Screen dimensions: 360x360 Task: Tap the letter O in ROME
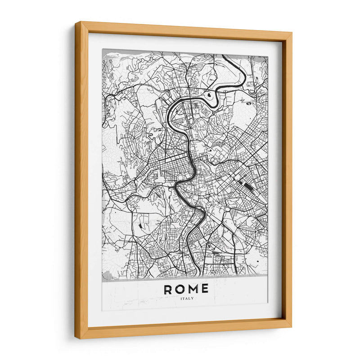(181, 289)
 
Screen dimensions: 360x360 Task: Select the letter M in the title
(193, 289)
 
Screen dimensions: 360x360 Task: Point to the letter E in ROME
(205, 289)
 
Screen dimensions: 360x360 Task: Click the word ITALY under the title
(186, 298)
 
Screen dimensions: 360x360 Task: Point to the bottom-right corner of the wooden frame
(291, 326)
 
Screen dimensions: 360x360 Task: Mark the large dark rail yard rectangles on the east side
(247, 185)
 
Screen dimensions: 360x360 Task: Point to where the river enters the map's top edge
(224, 55)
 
